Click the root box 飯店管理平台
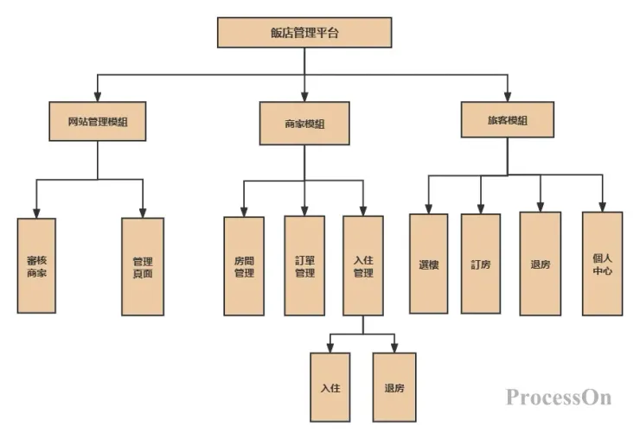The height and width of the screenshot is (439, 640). point(304,34)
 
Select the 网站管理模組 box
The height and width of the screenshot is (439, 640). point(97,123)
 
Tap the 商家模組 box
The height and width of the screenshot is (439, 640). point(304,124)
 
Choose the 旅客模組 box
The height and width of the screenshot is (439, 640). point(507,121)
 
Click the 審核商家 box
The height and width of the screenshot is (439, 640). point(36,265)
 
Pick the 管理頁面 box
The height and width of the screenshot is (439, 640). point(143,266)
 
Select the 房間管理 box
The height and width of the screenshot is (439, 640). point(244,265)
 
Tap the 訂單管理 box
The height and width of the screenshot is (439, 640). point(304,265)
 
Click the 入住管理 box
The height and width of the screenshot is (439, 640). point(363,265)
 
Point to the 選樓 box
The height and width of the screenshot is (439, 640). point(428,264)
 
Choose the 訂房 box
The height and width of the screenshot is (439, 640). point(481,264)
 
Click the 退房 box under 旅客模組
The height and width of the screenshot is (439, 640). point(540,264)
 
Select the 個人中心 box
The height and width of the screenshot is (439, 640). point(602,264)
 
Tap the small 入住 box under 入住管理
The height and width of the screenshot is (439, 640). point(330,387)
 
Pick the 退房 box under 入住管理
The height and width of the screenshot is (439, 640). point(394,387)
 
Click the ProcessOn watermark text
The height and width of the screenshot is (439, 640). point(559,397)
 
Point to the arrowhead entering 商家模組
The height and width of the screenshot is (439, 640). point(304,97)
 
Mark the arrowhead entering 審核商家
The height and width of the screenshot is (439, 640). point(36,213)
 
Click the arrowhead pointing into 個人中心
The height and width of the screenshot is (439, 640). point(602,207)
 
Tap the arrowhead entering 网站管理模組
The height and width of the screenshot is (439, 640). point(97,97)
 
